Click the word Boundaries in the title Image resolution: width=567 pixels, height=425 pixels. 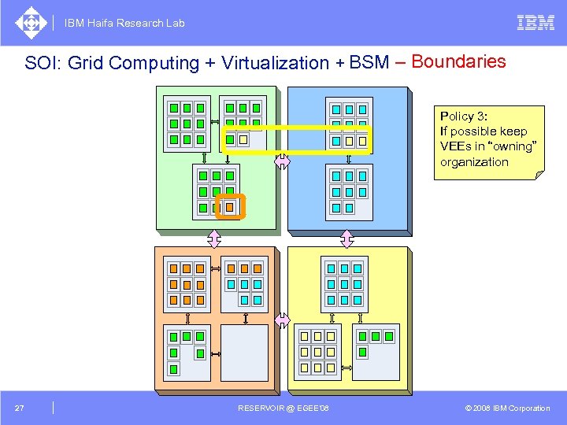(458, 61)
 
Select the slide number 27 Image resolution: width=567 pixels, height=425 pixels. (20, 408)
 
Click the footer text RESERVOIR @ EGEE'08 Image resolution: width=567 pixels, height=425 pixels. (283, 408)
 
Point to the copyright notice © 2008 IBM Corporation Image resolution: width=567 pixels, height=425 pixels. (507, 408)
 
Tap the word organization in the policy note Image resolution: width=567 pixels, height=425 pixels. (474, 162)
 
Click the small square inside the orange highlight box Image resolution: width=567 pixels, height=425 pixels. (230, 207)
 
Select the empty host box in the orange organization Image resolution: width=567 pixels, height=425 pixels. (245, 353)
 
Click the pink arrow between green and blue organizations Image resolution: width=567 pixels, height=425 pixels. (282, 161)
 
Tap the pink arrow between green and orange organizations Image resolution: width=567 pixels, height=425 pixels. (213, 238)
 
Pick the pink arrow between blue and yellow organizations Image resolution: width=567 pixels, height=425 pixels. (347, 238)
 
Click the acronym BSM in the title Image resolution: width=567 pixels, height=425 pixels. (369, 62)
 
